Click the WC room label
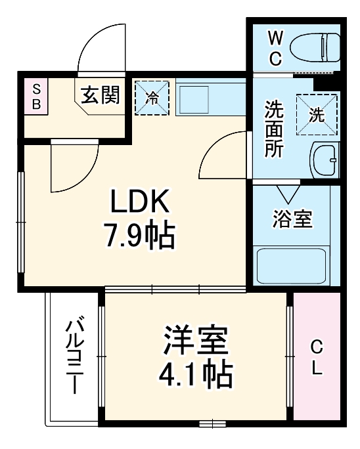[x=275, y=48]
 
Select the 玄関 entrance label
[x=101, y=96]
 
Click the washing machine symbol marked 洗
[x=316, y=114]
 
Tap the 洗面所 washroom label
[x=274, y=128]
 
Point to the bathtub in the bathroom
[x=292, y=267]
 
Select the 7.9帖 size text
[x=139, y=236]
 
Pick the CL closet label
[x=317, y=356]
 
